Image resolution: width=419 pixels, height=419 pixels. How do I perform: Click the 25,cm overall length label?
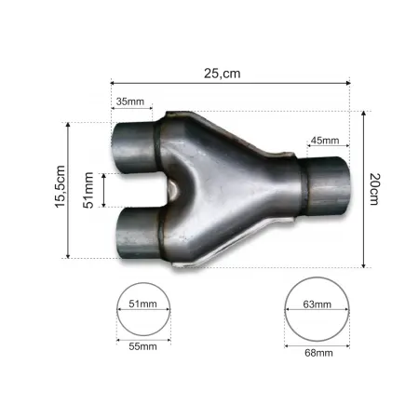(x=229, y=70)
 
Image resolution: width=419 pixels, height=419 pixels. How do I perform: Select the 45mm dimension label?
(x=323, y=142)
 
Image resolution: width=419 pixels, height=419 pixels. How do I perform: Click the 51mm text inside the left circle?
(x=144, y=304)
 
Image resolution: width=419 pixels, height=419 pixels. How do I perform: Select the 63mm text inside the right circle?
(x=316, y=304)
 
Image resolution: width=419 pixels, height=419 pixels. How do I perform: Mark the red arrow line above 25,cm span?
(x=229, y=83)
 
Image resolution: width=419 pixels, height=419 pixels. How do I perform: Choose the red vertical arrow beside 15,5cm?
(x=69, y=189)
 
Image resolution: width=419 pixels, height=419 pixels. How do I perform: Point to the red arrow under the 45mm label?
(x=323, y=150)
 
